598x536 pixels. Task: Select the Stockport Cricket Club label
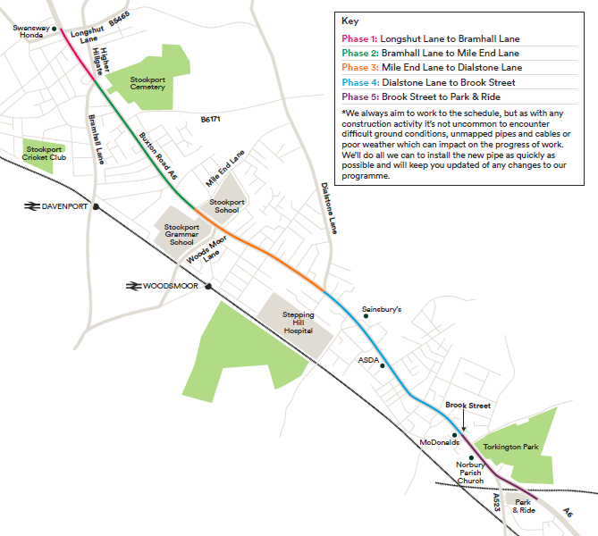click(x=46, y=153)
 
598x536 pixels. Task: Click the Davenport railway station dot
click(x=97, y=206)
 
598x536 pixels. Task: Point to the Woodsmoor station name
click(x=172, y=286)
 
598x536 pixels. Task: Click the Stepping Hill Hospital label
click(x=299, y=322)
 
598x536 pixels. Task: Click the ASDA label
click(x=369, y=360)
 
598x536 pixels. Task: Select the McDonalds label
click(x=439, y=442)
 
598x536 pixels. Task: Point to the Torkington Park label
click(x=510, y=447)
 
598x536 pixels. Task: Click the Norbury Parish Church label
click(x=470, y=473)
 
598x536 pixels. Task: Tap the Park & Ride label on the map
click(x=524, y=506)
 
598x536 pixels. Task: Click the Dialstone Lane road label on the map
click(x=331, y=208)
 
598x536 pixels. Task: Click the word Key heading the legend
click(x=350, y=20)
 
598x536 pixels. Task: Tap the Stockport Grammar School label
click(x=181, y=233)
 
